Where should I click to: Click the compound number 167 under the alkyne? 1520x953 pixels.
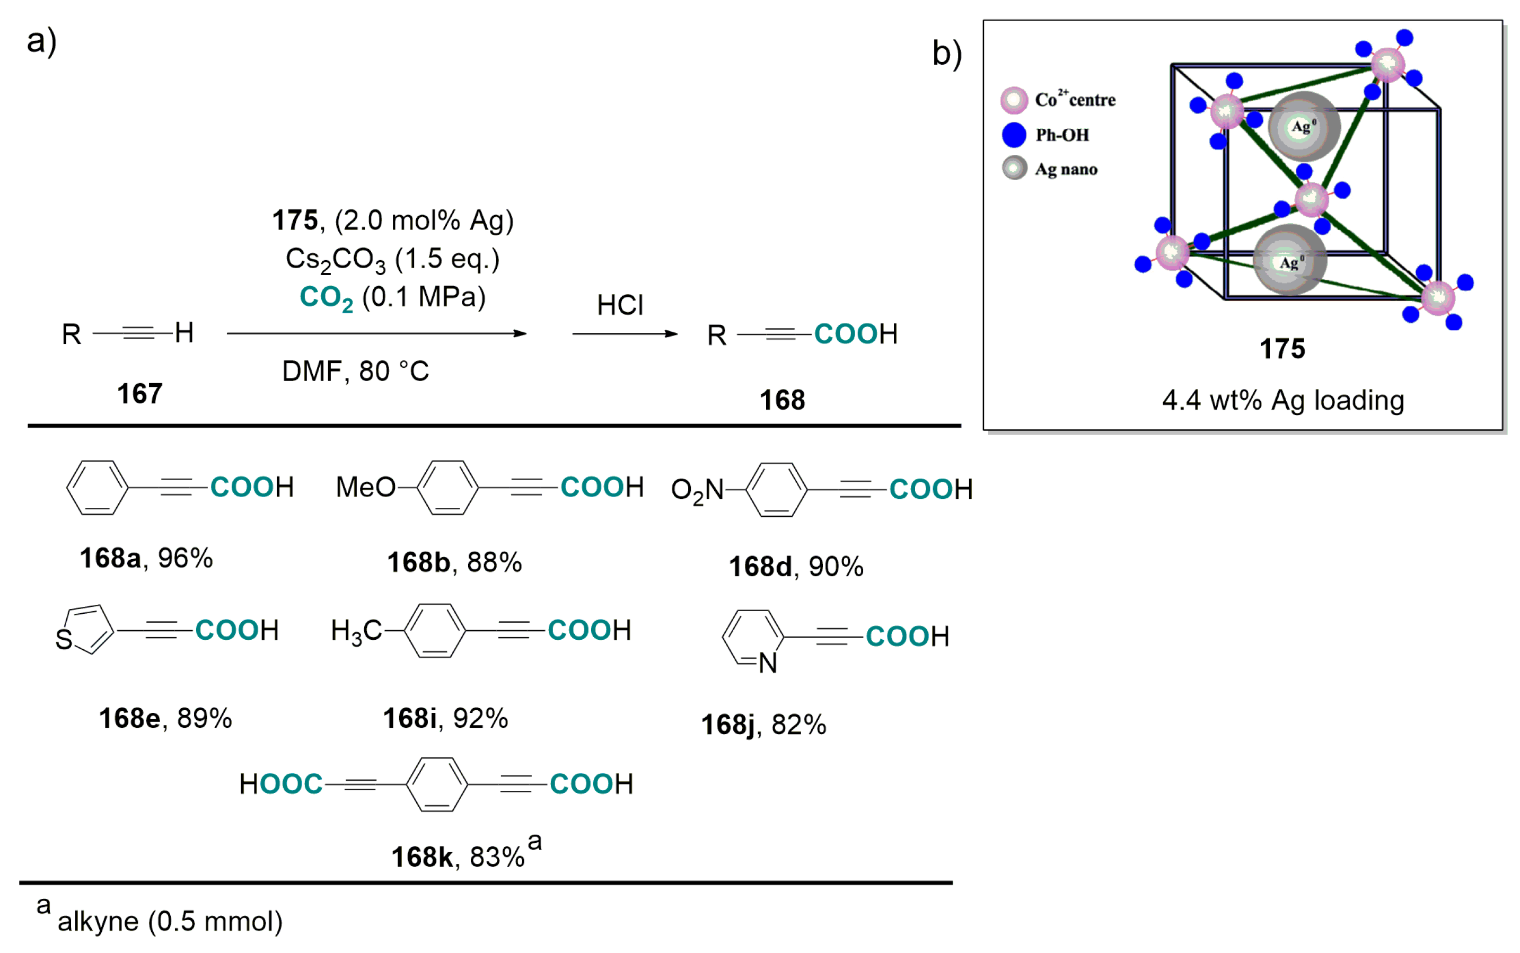coord(139,394)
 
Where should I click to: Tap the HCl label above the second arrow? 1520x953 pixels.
coord(620,306)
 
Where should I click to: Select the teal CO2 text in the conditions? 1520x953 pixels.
coord(326,297)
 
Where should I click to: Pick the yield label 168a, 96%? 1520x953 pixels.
coord(146,559)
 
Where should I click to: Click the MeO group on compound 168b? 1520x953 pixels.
coord(364,487)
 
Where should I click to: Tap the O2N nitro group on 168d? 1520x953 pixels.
coord(697,490)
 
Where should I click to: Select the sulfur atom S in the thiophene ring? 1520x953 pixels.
coord(64,640)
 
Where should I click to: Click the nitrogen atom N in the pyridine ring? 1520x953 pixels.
coord(767,663)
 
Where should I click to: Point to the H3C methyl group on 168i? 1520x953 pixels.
coord(356,630)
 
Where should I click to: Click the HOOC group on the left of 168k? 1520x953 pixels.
coord(280,784)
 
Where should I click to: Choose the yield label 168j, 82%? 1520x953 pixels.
coord(763,725)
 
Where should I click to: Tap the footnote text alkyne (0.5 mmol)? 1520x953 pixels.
coord(170,922)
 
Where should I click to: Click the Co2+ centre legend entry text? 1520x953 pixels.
coord(1075,100)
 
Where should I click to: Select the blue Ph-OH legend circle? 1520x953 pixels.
coord(1014,135)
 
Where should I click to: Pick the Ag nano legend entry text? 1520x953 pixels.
coord(1066,169)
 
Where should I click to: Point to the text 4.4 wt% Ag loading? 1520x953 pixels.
coord(1282,400)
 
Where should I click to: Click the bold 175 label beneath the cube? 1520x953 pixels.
coord(1282,349)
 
